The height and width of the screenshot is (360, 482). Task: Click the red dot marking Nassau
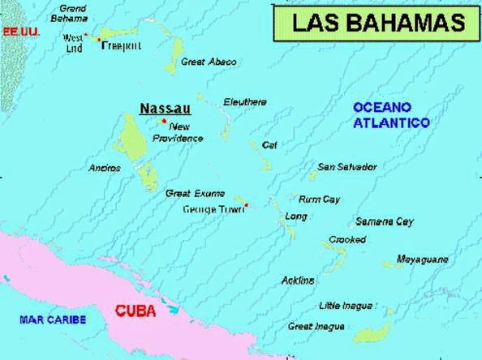165,122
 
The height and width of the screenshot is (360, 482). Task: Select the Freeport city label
122,46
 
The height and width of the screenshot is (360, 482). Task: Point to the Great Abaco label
209,62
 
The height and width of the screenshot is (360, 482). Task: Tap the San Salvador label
346,167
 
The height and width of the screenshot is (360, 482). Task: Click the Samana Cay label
384,221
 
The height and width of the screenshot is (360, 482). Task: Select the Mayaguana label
422,259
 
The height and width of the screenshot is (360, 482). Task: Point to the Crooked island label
346,240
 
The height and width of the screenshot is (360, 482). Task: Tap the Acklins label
297,281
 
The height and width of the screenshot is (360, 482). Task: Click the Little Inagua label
346,306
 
